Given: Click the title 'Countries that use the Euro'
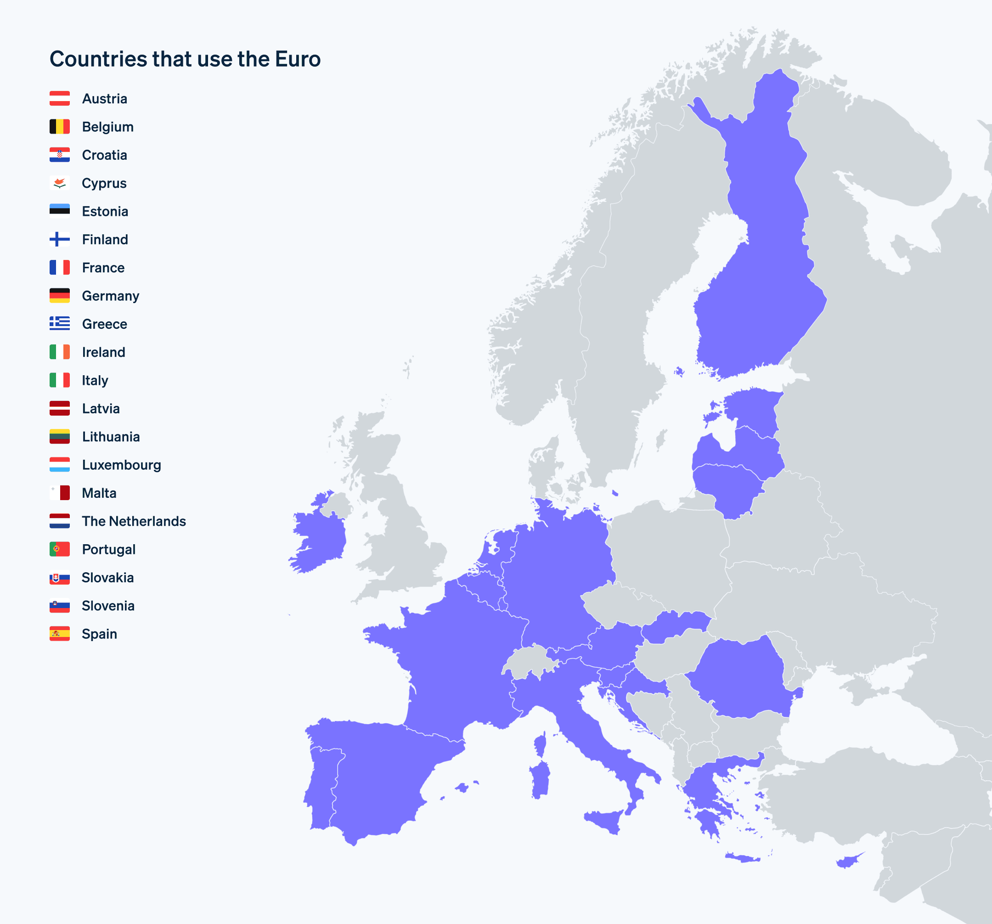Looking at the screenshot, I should coord(185,59).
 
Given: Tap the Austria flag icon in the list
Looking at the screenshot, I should coord(59,98).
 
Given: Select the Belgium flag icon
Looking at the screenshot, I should coord(59,127).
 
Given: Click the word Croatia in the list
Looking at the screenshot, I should coord(104,155).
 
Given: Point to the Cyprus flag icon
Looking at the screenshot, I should coord(59,183).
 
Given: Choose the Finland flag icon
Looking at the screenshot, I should coord(59,239).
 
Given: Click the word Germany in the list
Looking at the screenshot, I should coord(110,296).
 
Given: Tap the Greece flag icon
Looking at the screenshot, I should coord(59,324).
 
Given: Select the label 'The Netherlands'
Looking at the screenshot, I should coord(134,521).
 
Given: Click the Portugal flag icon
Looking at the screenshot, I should coord(59,549).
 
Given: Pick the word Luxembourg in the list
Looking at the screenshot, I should coord(121,465).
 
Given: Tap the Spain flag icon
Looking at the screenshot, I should coord(59,634).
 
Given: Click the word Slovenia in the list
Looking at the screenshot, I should coord(108,606).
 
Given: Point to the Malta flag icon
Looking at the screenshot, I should coord(59,493).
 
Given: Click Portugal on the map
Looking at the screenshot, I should coord(322,789).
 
